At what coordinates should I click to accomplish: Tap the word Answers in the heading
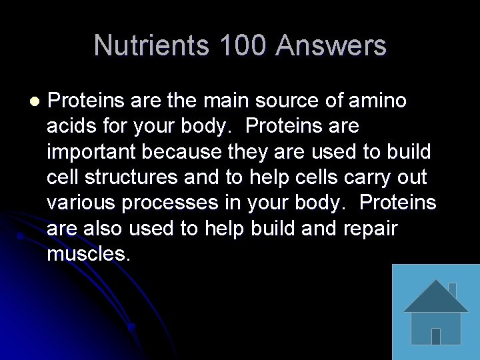[331, 45]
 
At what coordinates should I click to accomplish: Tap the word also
[103, 228]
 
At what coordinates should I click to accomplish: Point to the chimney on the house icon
[451, 289]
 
